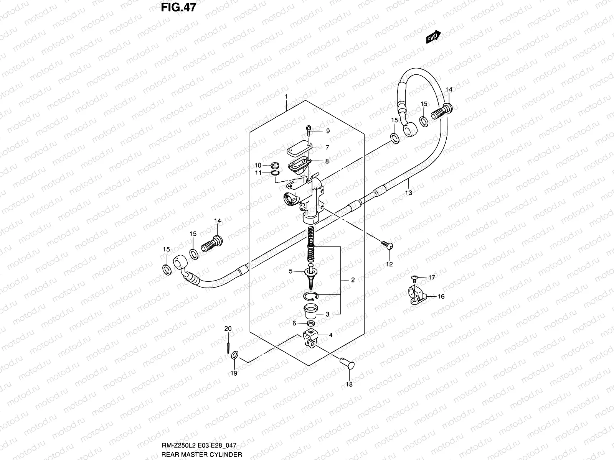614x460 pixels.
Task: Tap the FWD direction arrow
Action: (433, 37)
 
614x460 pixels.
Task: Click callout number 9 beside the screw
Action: (328, 131)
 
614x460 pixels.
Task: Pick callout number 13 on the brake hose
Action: (409, 192)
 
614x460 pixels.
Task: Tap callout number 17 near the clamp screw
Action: (432, 278)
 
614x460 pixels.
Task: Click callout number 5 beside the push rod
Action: (291, 271)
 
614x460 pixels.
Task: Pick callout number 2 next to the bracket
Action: (353, 280)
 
